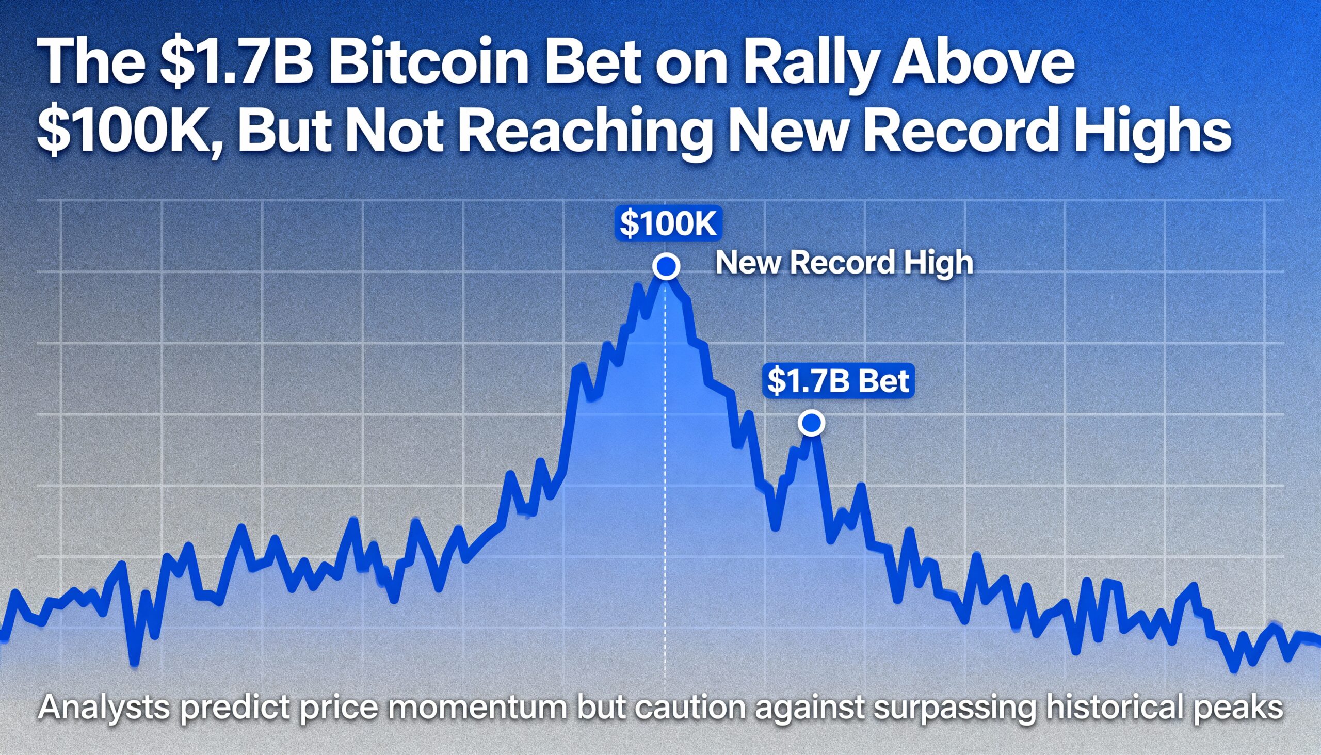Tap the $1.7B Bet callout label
[x=837, y=381]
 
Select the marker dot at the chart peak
[x=666, y=266]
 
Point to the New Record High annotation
[x=844, y=263]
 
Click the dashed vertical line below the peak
[x=665, y=467]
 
